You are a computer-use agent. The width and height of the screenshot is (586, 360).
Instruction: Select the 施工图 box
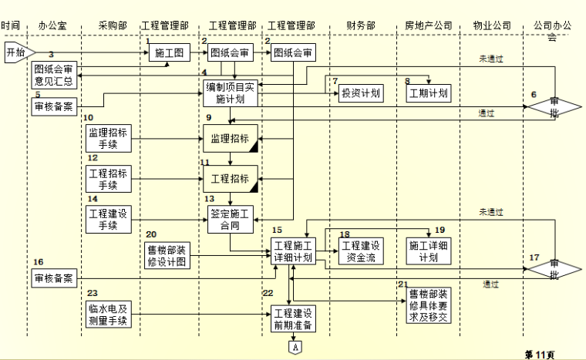point(170,53)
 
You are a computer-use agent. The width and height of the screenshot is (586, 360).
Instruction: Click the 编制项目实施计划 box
point(231,93)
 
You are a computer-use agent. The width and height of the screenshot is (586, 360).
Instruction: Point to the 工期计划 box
point(428,93)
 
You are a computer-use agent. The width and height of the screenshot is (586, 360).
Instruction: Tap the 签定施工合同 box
point(231,218)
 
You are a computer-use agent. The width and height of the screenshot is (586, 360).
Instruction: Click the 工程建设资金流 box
point(360,252)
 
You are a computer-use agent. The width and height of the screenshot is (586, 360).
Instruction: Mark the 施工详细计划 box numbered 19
point(429,252)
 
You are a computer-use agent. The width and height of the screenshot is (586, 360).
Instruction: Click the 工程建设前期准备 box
point(292,318)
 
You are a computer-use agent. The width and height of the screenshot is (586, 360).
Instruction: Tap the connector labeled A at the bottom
point(294,347)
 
